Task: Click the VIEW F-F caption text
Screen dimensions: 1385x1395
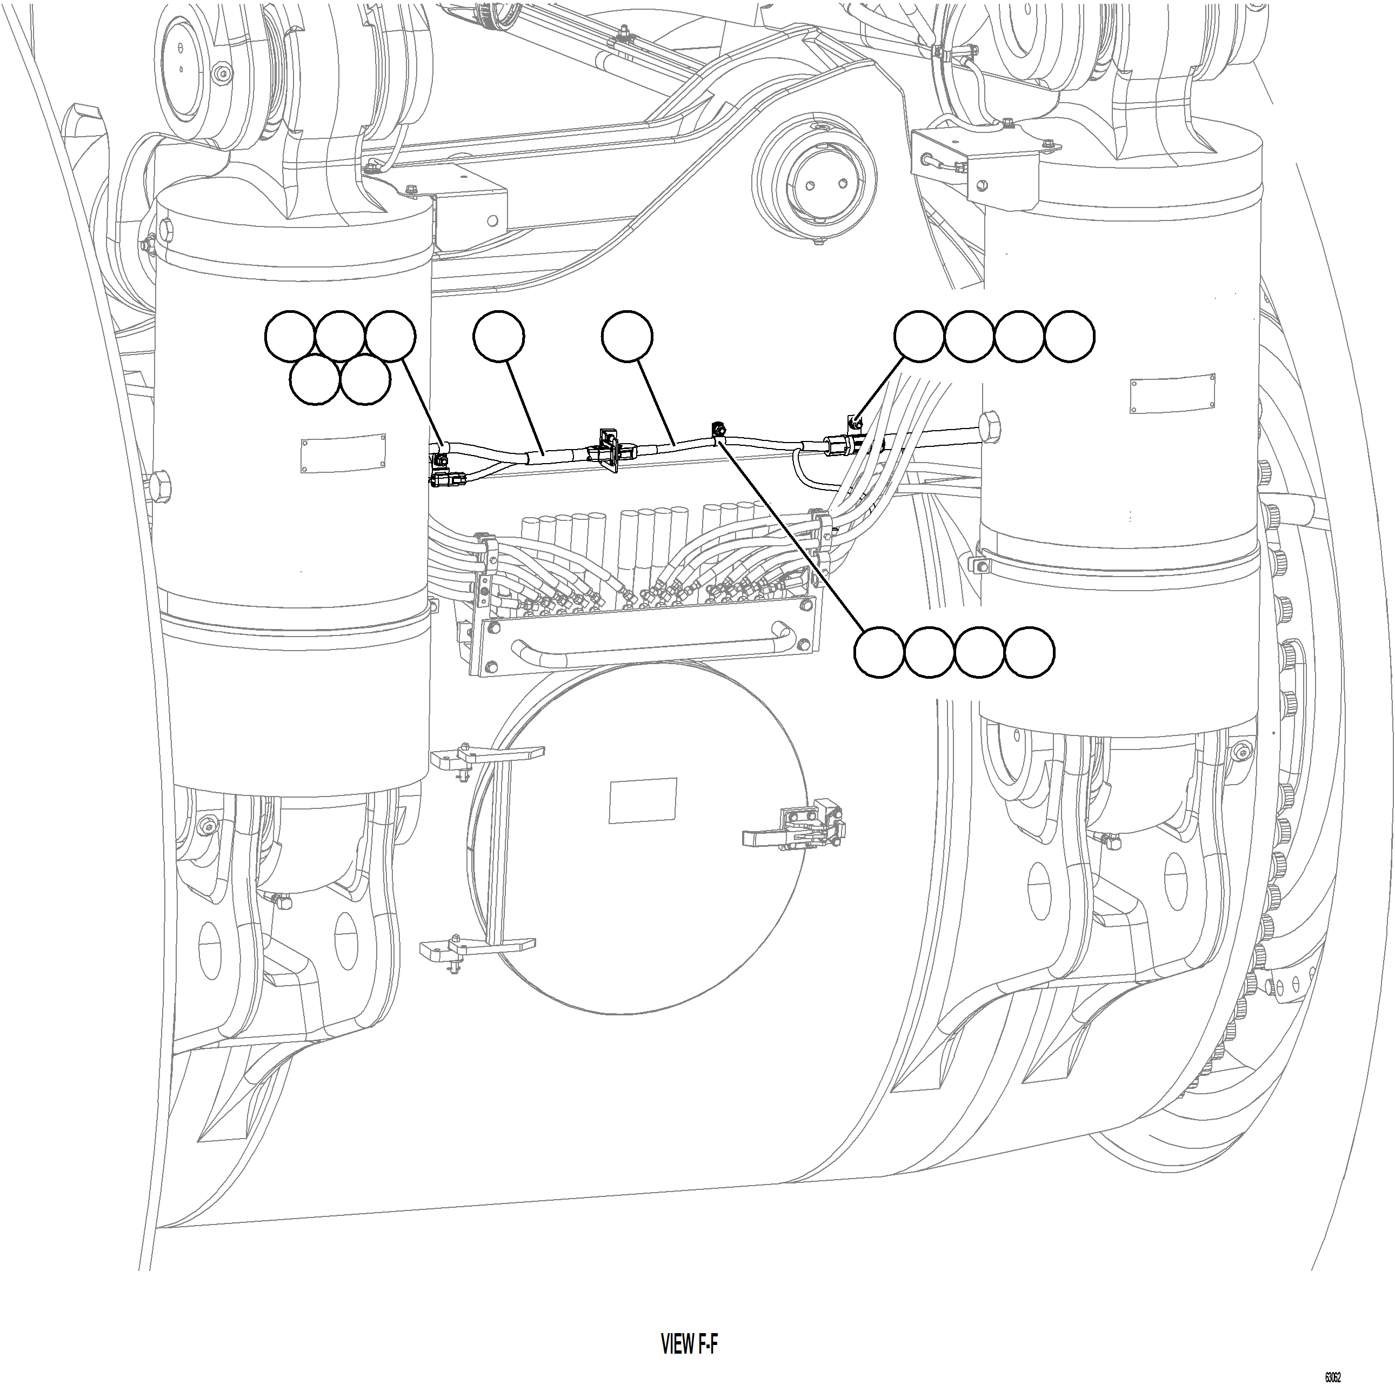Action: pos(689,1344)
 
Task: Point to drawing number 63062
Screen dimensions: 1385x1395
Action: pos(1332,1377)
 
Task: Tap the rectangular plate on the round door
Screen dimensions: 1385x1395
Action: pos(643,800)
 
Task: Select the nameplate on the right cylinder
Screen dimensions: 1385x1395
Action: pos(1173,394)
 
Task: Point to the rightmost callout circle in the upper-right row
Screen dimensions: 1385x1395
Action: pos(1069,336)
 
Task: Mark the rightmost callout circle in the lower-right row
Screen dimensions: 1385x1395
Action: pos(1030,652)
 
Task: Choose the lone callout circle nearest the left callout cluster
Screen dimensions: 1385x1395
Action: pos(499,336)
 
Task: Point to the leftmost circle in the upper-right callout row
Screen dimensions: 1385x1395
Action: pos(919,336)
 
